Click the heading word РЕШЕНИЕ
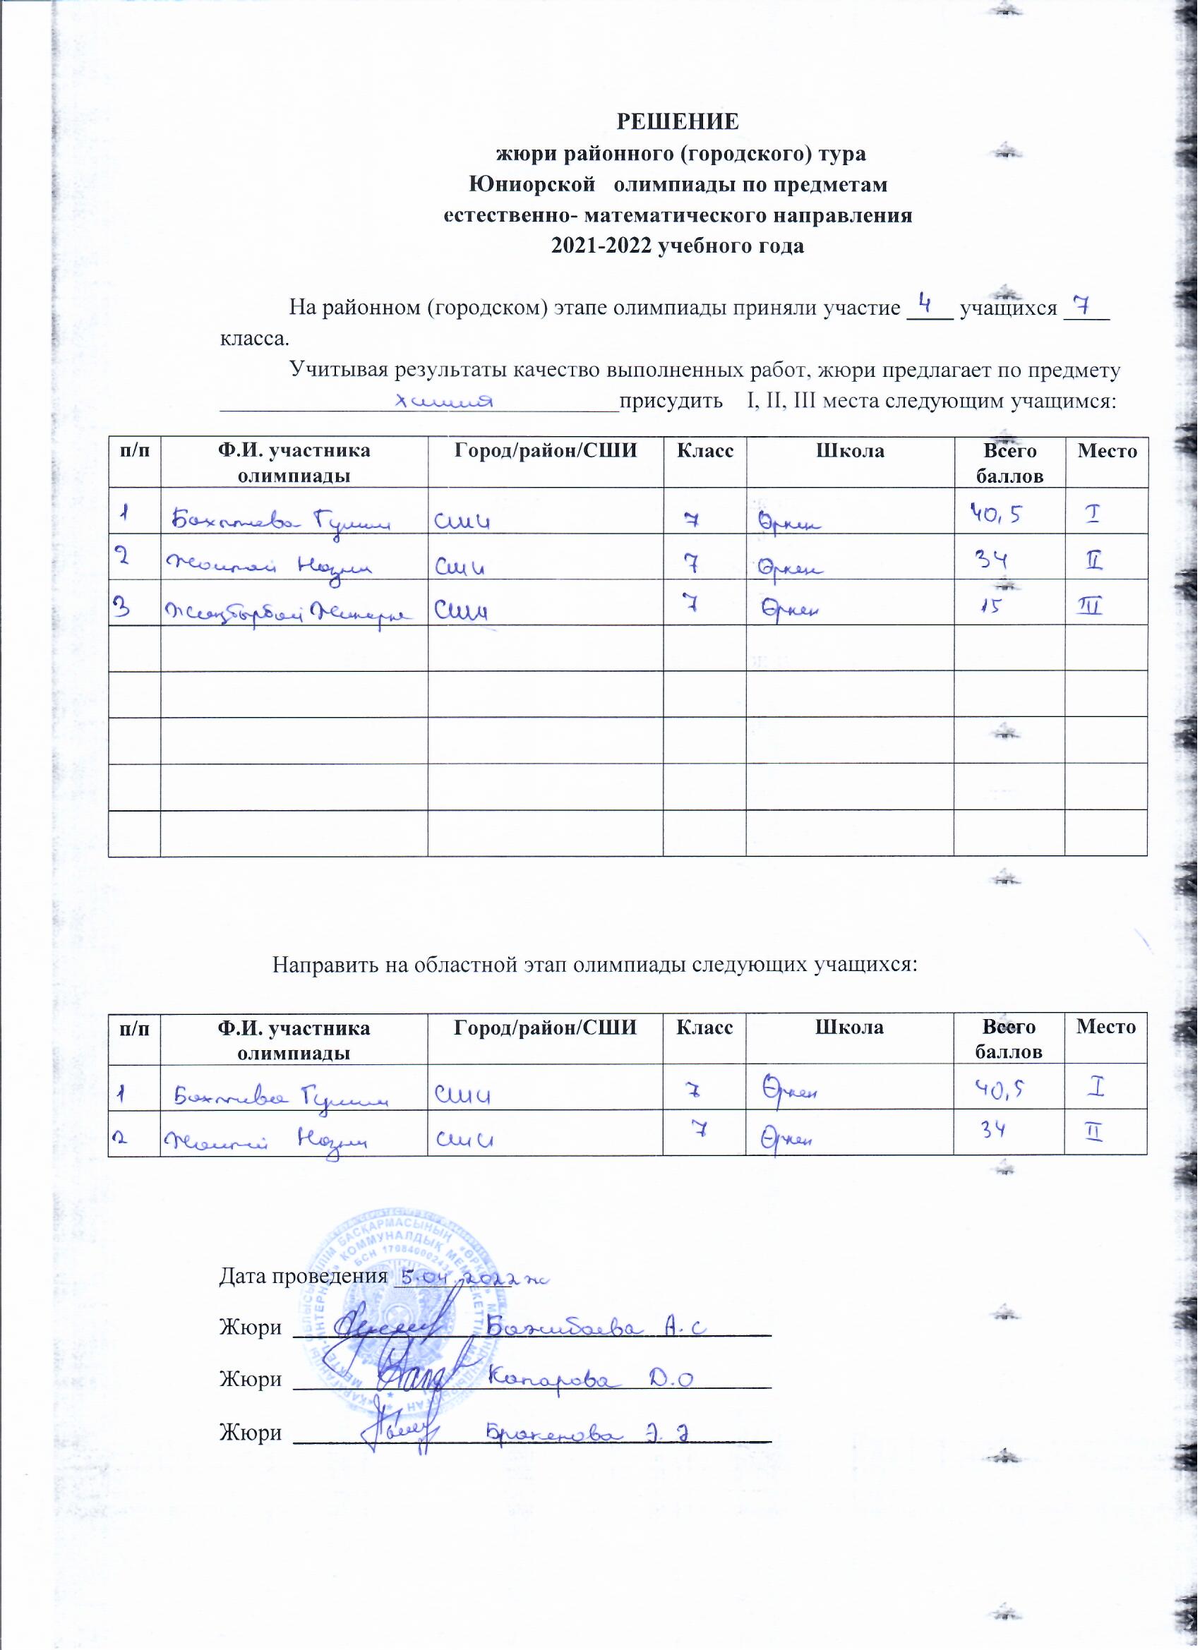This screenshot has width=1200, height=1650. click(x=678, y=121)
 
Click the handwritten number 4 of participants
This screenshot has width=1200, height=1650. click(x=927, y=303)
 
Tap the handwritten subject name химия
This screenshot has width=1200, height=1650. click(x=443, y=401)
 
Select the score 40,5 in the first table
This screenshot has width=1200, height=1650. click(x=994, y=516)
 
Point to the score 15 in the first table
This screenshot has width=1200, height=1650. click(x=992, y=606)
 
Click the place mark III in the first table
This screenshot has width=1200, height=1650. click(x=1091, y=606)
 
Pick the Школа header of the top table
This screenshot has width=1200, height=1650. click(x=849, y=451)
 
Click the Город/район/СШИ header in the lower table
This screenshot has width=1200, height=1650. click(x=545, y=1028)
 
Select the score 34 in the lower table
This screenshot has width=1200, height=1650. click(x=991, y=1131)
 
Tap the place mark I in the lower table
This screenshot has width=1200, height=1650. click(x=1097, y=1088)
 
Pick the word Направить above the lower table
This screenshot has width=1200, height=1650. click(x=320, y=965)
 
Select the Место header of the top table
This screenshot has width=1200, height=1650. click(x=1107, y=451)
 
